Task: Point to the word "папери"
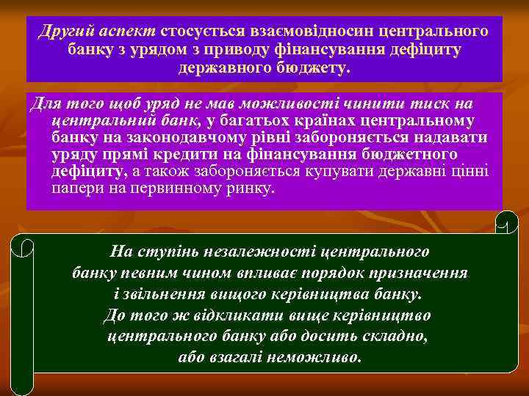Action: [74, 188]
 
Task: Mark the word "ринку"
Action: [248, 188]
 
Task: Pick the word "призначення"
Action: [422, 274]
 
